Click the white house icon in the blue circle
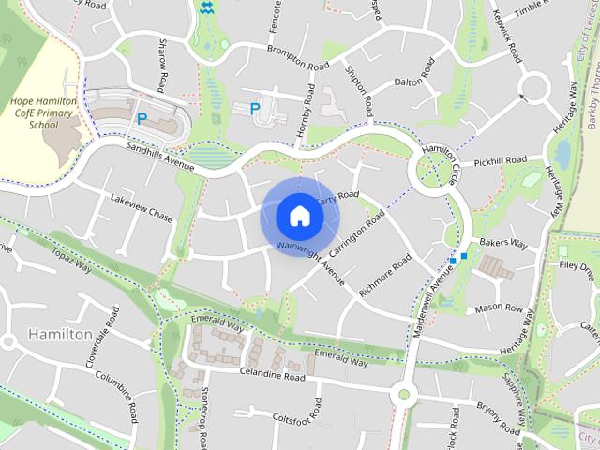pyautogui.click(x=300, y=217)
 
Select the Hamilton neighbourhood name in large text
pyautogui.click(x=60, y=335)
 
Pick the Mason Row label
pyautogui.click(x=498, y=307)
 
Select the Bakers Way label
pyautogui.click(x=503, y=243)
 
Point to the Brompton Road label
pyautogui.click(x=298, y=56)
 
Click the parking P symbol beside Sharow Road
pyautogui.click(x=142, y=119)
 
